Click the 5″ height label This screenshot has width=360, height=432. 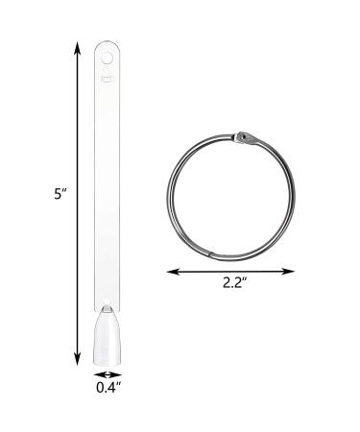[60, 194]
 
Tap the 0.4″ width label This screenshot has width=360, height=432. [108, 388]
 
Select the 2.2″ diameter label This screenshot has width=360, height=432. [235, 283]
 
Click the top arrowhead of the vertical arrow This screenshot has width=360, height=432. [77, 48]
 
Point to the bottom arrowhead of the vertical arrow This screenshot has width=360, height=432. [77, 359]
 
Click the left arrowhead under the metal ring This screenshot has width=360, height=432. [173, 272]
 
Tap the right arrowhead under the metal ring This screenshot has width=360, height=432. [288, 272]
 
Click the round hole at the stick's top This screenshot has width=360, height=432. [107, 59]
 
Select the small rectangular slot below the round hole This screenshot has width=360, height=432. [107, 79]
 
